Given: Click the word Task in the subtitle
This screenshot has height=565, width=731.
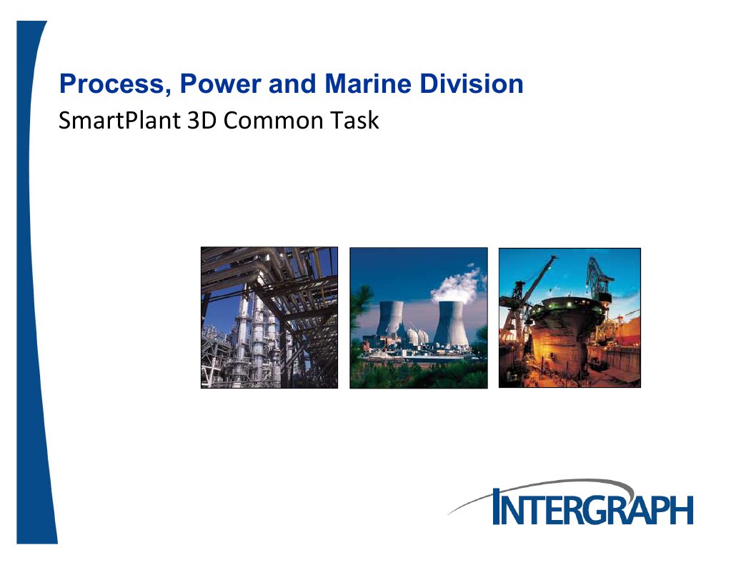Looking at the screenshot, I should coord(354,120).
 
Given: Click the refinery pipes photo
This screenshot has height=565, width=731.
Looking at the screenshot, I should coord(269,317).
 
